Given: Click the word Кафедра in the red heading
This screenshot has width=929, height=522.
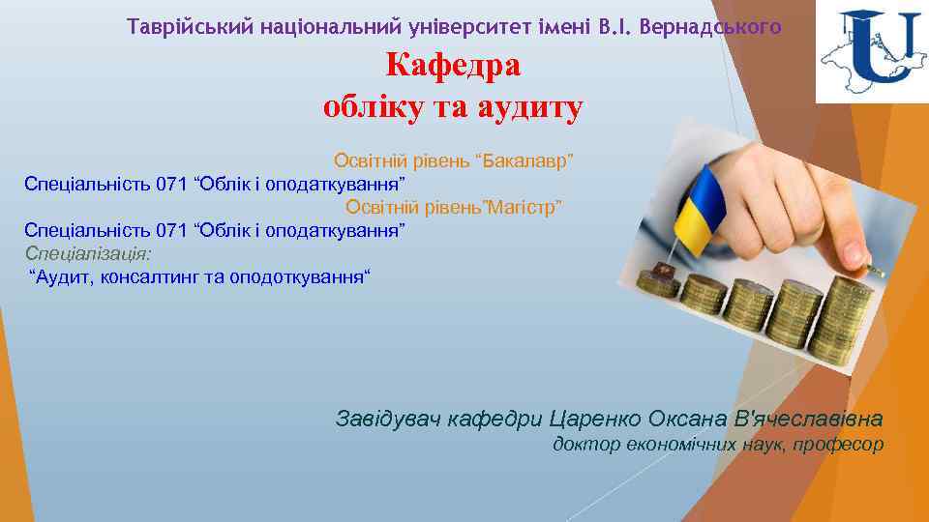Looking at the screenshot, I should tap(453, 67).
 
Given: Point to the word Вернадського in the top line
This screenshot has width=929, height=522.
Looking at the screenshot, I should tap(718, 26).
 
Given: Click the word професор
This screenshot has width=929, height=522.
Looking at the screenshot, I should tap(838, 446).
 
